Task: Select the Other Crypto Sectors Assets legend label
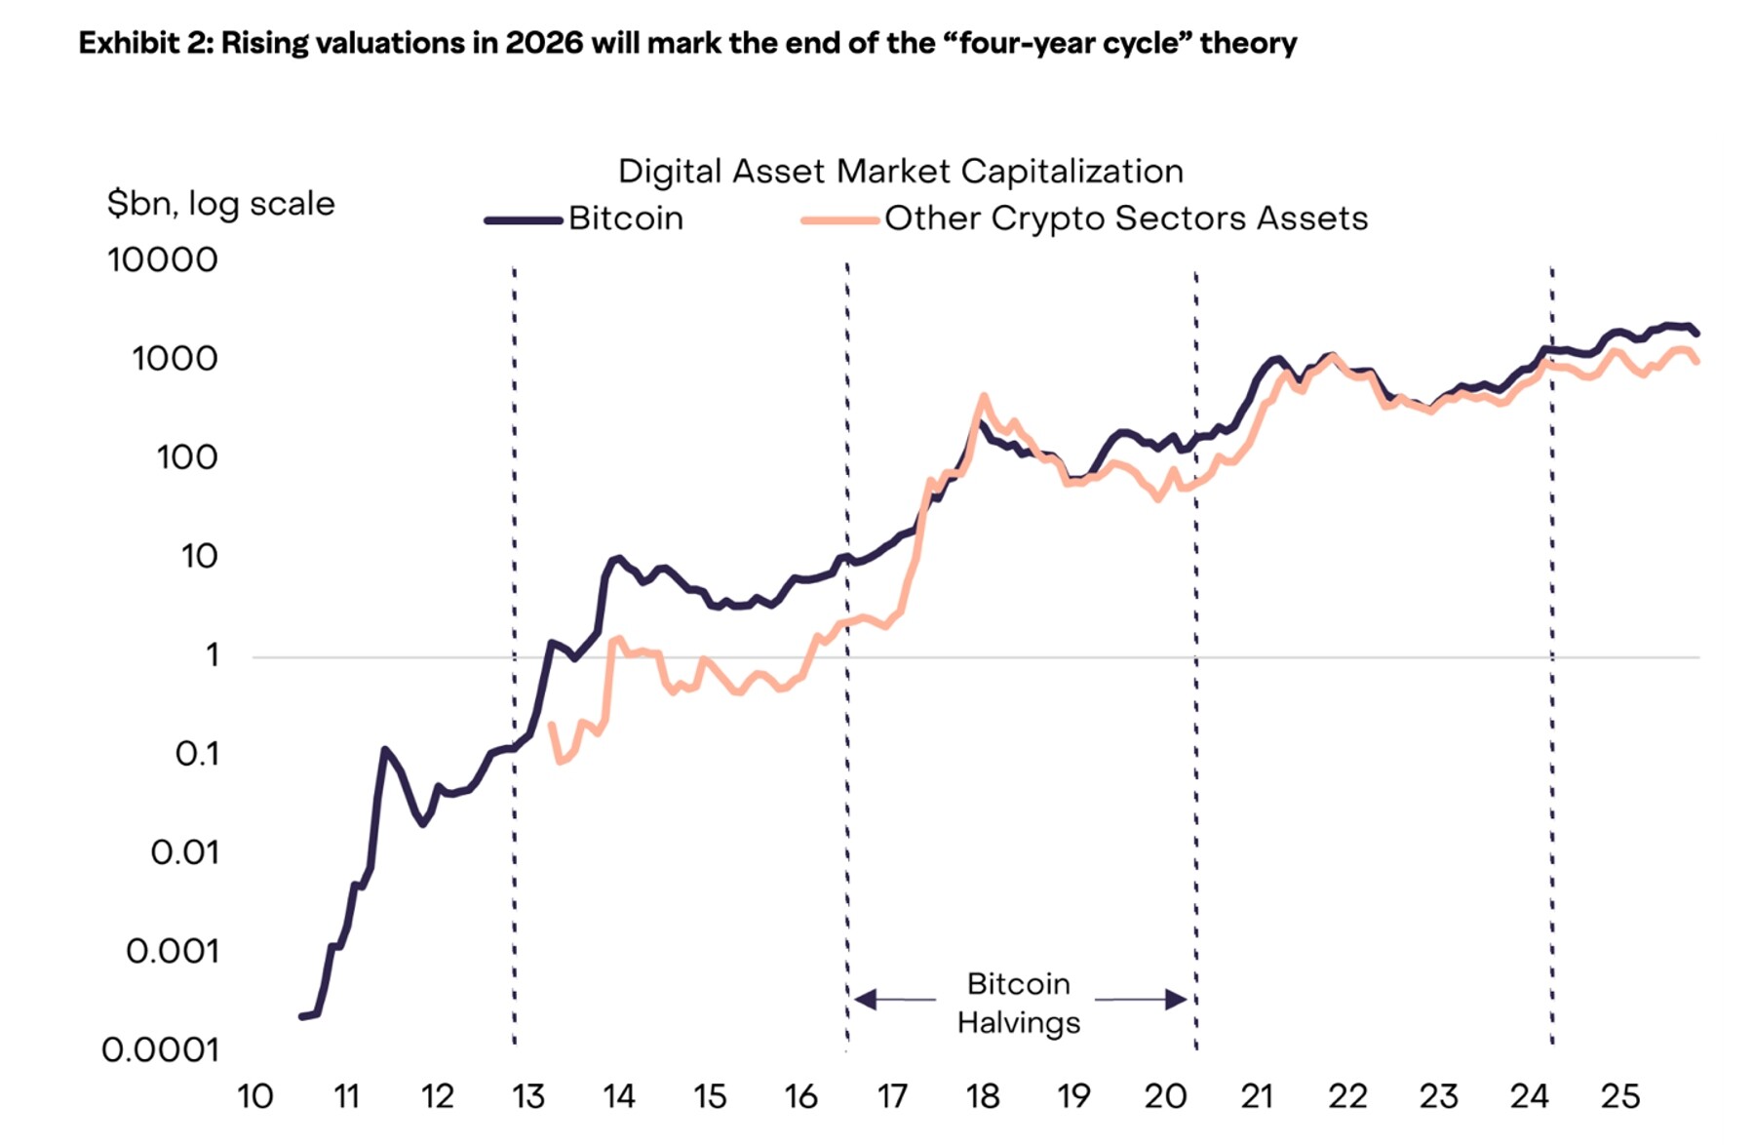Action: pyautogui.click(x=1125, y=218)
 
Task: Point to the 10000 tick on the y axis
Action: pyautogui.click(x=163, y=260)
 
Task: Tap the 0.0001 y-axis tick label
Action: pyautogui.click(x=161, y=1050)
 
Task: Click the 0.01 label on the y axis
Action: pyautogui.click(x=184, y=853)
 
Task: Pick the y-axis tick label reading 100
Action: pyautogui.click(x=187, y=457)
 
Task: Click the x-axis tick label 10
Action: pyautogui.click(x=255, y=1097)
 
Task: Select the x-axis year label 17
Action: pyautogui.click(x=892, y=1097)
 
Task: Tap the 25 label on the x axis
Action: pyautogui.click(x=1620, y=1097)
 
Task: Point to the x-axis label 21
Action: pyautogui.click(x=1257, y=1097)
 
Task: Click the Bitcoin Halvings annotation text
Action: pyautogui.click(x=1019, y=1004)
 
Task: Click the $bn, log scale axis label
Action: pyautogui.click(x=221, y=204)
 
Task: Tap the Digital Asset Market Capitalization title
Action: pyautogui.click(x=901, y=172)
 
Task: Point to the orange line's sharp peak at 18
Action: pyautogui.click(x=984, y=396)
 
